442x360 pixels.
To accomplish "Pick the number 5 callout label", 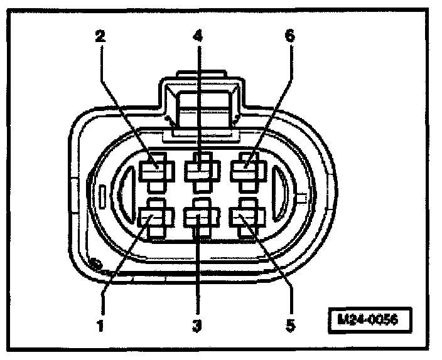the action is pyautogui.click(x=289, y=325).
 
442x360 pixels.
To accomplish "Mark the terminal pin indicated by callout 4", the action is pyautogui.click(x=200, y=169).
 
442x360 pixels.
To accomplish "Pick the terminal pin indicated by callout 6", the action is pyautogui.click(x=246, y=169).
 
